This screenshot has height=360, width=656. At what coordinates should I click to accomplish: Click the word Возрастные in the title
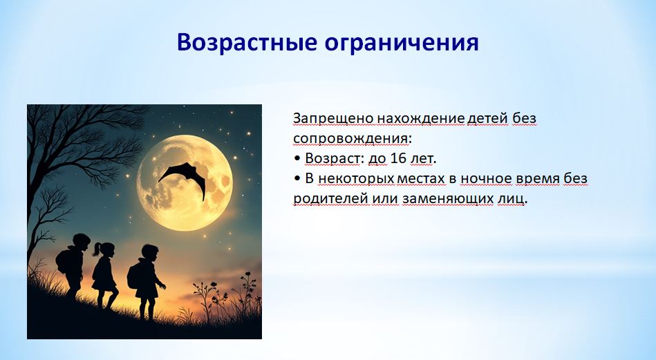247,43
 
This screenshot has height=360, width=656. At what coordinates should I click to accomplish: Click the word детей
488,119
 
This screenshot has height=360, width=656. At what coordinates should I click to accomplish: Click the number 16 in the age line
399,158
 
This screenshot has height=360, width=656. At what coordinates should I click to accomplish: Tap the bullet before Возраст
297,159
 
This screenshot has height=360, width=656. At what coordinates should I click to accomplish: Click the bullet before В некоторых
297,178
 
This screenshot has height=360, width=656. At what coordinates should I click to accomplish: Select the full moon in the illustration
185,182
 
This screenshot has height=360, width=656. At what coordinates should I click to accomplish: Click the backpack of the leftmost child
62,261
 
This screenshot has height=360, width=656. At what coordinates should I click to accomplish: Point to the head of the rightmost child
150,252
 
